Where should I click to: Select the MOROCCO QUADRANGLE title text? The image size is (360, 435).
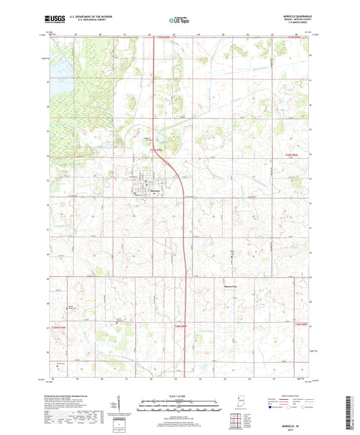295,15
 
